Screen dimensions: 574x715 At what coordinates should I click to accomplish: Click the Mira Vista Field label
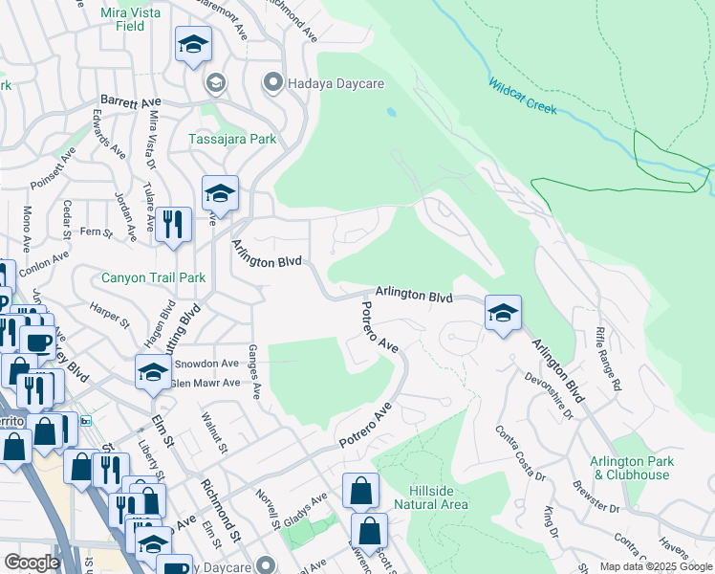(x=136, y=19)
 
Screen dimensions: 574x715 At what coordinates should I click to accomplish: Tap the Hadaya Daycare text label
(x=336, y=84)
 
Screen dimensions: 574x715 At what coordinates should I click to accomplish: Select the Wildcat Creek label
(x=522, y=96)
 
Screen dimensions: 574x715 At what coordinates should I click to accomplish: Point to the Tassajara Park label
(x=231, y=139)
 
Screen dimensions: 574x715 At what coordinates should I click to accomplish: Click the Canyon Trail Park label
(x=154, y=278)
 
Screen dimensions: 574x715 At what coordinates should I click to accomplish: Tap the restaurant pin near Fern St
(x=172, y=225)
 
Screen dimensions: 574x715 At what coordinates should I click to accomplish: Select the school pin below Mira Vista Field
(x=194, y=45)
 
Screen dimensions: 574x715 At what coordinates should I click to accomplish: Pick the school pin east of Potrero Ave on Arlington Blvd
(x=503, y=313)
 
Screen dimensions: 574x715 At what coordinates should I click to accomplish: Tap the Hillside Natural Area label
(x=432, y=497)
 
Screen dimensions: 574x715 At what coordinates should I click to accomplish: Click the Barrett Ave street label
(x=131, y=100)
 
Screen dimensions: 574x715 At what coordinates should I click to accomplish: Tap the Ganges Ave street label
(x=254, y=372)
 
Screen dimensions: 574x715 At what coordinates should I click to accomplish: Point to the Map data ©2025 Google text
(x=655, y=566)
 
